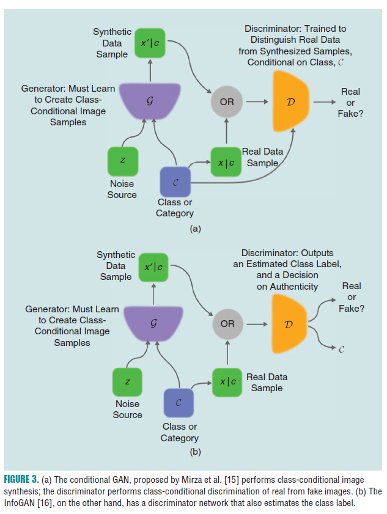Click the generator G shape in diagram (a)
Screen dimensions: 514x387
pos(150,101)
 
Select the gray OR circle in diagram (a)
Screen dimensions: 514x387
pos(227,101)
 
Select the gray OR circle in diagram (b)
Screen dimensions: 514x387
pos(227,323)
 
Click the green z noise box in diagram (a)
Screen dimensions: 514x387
pos(122,160)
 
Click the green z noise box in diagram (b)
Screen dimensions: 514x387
pos(127,381)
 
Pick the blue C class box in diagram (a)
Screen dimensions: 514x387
pos(175,182)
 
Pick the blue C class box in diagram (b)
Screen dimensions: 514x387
pos(179,403)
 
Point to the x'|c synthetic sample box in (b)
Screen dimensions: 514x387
pos(153,267)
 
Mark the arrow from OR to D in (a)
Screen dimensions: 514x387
pos(257,101)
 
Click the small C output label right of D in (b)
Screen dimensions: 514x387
pos(341,350)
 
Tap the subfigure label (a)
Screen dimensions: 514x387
pos(195,229)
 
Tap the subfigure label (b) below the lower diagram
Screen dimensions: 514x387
pos(195,452)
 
